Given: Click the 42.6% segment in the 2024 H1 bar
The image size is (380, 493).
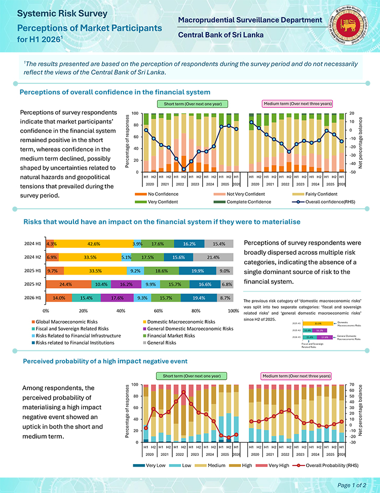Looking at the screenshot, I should (93, 244).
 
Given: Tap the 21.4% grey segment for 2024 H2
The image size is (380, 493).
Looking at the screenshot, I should (213, 257).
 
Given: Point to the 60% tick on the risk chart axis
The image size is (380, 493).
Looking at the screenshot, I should (158, 310).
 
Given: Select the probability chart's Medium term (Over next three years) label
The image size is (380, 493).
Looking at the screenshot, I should (296, 376).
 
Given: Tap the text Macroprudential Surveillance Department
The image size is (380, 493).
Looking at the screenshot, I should (250, 20).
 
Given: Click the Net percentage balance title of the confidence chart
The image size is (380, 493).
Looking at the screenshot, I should (361, 142).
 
